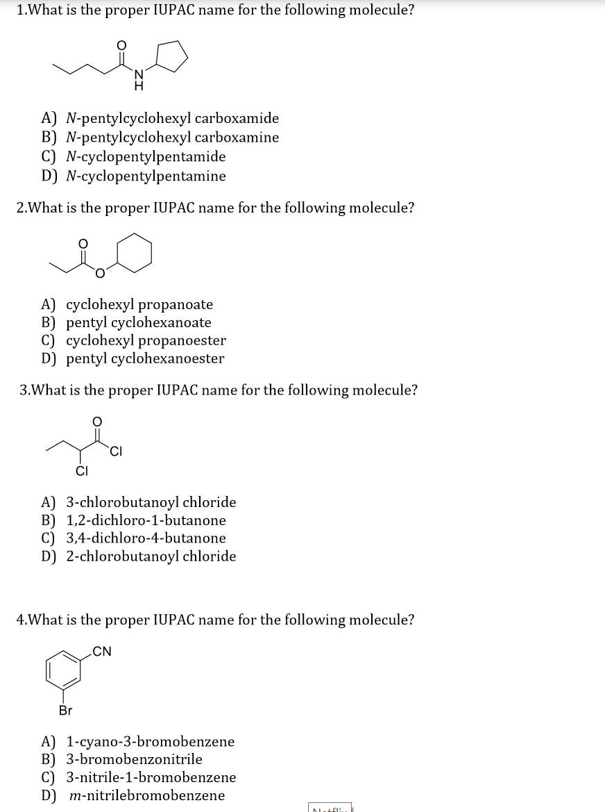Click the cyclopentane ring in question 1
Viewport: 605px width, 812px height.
(171, 56)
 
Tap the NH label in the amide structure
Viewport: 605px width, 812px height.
(138, 81)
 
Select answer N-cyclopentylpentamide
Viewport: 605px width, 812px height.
(146, 156)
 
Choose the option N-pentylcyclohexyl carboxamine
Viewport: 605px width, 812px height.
(172, 137)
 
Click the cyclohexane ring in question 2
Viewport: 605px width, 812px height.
(134, 252)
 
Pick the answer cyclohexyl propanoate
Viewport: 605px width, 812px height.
(139, 304)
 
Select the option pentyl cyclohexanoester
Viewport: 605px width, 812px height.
(145, 358)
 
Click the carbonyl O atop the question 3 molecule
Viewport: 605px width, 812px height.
(97, 421)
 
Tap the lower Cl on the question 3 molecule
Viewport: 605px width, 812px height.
(81, 473)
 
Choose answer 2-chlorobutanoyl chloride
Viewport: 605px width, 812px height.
(151, 556)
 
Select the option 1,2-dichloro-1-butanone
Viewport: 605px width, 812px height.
(146, 520)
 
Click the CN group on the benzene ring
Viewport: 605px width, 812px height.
(101, 651)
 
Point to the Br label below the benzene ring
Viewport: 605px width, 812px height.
(65, 711)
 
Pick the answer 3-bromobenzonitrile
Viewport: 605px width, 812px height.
(134, 759)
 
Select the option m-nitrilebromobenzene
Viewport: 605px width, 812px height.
(147, 795)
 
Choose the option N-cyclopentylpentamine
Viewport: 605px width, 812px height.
(146, 176)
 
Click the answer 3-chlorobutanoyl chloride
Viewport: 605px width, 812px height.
(151, 502)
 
